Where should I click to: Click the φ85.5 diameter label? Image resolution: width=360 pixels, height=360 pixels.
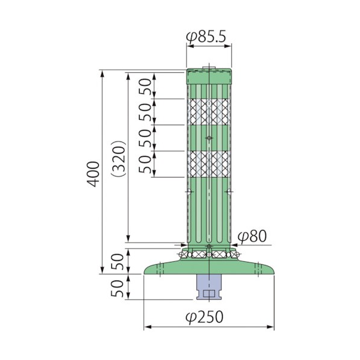(x=206, y=37)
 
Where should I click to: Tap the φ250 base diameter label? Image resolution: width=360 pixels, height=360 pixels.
(x=204, y=317)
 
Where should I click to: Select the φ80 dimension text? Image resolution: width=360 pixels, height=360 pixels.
(x=252, y=236)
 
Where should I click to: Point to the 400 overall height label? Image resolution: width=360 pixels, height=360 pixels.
(x=93, y=174)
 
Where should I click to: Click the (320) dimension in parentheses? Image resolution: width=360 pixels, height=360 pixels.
(x=119, y=159)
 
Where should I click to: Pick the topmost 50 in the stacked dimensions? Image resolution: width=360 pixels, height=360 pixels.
(x=146, y=87)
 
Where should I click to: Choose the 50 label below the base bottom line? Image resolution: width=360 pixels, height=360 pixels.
(x=117, y=288)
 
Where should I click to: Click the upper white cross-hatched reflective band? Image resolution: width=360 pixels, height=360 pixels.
(x=209, y=112)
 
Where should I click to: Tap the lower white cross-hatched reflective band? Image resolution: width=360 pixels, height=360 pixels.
(x=209, y=164)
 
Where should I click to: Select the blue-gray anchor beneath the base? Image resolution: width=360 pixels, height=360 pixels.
(x=209, y=287)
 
